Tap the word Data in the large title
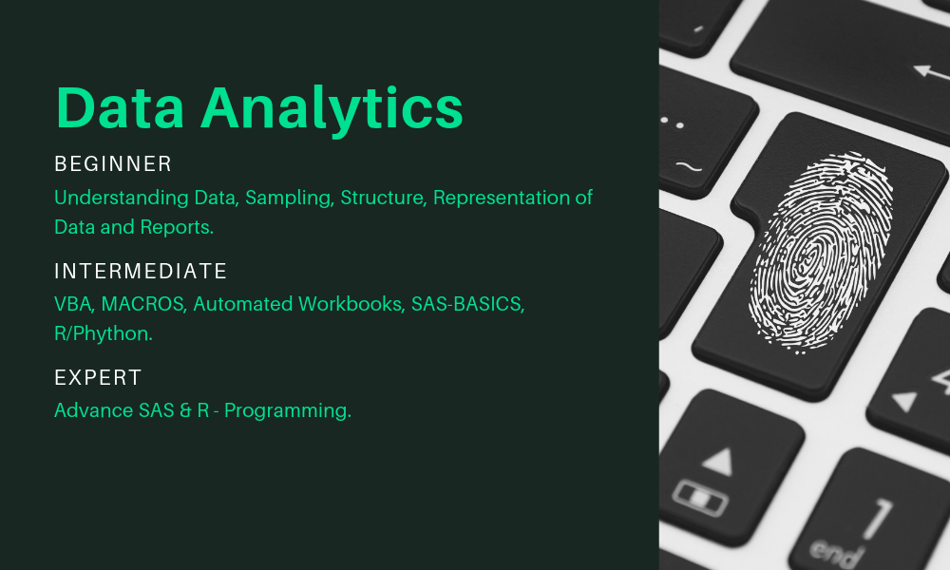(x=120, y=107)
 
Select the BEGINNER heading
(x=113, y=163)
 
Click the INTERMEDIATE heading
(x=141, y=271)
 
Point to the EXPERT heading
(x=98, y=377)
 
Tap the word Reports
(x=177, y=228)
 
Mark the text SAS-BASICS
(x=467, y=303)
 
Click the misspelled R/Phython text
(x=104, y=333)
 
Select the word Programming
(x=288, y=411)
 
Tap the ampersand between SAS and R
(x=185, y=410)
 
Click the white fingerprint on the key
(x=821, y=252)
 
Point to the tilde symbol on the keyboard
(x=688, y=166)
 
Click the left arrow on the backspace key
(x=931, y=72)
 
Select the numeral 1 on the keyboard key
(x=877, y=519)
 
